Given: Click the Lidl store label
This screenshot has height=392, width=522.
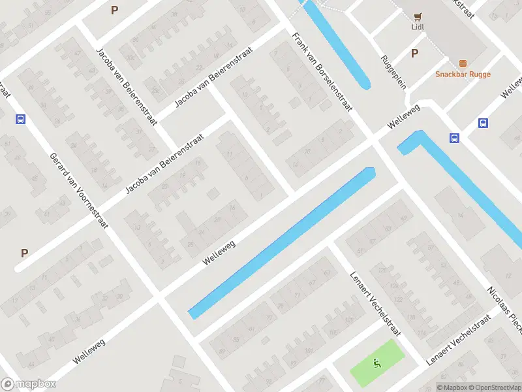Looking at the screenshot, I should pyautogui.click(x=418, y=27).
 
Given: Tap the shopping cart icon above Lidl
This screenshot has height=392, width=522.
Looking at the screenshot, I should pyautogui.click(x=418, y=16).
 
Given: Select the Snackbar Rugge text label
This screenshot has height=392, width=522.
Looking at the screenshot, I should pyautogui.click(x=463, y=74).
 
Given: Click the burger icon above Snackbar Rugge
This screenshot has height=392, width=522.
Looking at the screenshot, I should pyautogui.click(x=463, y=63).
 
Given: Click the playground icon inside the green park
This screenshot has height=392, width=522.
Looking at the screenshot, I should pyautogui.click(x=376, y=363).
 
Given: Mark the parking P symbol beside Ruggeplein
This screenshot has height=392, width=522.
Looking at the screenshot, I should pyautogui.click(x=414, y=54).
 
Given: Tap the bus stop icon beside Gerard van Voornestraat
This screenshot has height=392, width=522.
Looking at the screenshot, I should pyautogui.click(x=21, y=119).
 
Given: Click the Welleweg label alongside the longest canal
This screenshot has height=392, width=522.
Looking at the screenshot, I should pyautogui.click(x=219, y=251).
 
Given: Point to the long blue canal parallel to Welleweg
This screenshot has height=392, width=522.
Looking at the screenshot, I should pyautogui.click(x=281, y=242).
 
